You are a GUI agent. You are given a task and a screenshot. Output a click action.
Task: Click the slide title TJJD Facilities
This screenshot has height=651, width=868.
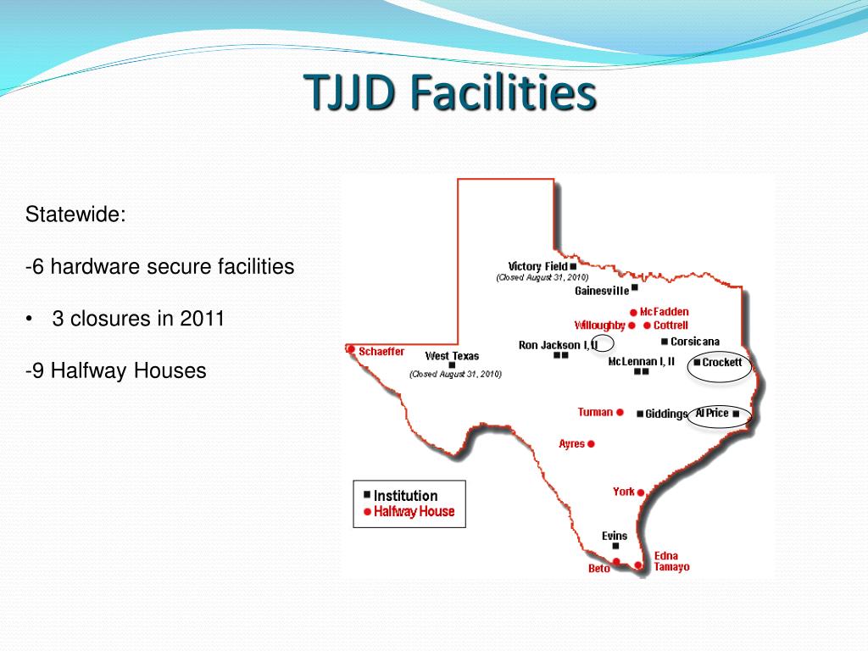tap(449, 93)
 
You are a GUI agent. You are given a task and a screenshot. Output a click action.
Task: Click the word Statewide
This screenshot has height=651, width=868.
tap(75, 214)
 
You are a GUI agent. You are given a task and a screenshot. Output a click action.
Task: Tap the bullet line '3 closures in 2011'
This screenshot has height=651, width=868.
tap(138, 319)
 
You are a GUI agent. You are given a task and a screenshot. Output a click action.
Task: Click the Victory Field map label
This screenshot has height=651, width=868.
tap(537, 266)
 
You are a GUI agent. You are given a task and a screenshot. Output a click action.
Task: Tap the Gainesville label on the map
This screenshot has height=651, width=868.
tap(602, 291)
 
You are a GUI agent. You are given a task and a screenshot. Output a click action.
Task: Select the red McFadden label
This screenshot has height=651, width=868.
tap(664, 312)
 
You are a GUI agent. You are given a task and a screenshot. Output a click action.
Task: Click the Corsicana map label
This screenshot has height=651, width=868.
tap(694, 342)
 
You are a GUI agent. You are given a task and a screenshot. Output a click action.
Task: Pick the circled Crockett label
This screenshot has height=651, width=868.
tap(721, 363)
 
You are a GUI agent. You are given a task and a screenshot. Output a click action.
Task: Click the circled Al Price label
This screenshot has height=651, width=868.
tap(712, 414)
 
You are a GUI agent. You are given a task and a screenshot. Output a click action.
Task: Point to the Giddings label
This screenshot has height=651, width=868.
tap(665, 415)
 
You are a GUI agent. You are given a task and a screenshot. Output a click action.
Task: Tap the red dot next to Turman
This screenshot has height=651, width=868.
tap(620, 413)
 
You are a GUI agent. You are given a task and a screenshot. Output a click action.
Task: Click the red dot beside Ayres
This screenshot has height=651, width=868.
tap(592, 443)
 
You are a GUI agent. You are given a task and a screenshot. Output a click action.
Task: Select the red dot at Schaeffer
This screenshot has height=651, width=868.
tap(349, 348)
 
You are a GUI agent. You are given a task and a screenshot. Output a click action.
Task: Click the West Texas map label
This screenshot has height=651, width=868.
tap(452, 356)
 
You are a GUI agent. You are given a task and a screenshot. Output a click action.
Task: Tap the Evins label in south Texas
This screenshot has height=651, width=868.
tap(615, 536)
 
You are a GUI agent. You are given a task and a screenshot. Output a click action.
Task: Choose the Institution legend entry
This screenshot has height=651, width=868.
tap(405, 496)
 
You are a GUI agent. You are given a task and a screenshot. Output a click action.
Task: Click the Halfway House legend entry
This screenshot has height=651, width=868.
tap(414, 511)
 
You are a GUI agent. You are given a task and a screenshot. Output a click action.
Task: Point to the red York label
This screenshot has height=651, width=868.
tap(623, 492)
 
